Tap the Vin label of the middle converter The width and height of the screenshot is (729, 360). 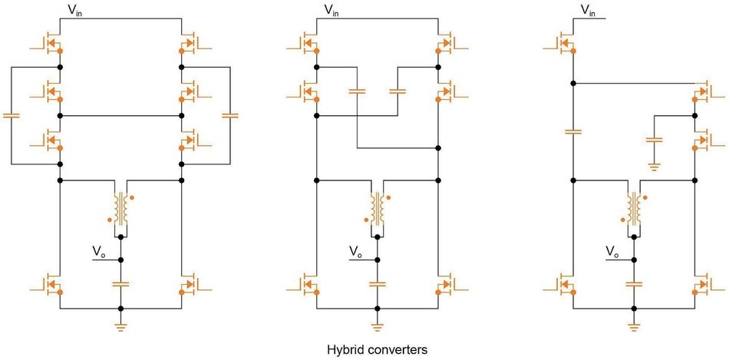[331, 11]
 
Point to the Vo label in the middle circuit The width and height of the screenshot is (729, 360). [355, 252]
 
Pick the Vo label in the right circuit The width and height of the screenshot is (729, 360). [612, 252]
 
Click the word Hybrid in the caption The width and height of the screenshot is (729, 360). [344, 349]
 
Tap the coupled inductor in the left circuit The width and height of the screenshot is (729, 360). [120, 208]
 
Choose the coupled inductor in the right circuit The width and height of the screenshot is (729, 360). [634, 208]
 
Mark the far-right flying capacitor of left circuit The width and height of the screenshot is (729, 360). [230, 115]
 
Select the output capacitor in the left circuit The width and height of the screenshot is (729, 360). [120, 283]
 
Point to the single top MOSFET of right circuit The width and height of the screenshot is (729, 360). [564, 42]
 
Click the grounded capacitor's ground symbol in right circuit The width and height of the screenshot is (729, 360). [654, 166]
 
